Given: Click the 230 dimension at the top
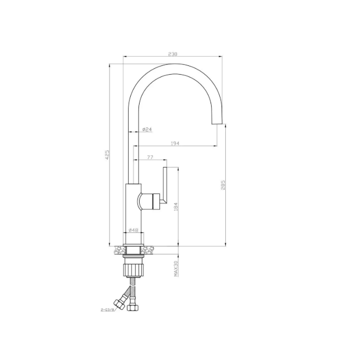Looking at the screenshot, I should (173, 54).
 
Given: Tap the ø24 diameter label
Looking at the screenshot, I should (147, 129).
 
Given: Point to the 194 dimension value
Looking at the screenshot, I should (175, 143).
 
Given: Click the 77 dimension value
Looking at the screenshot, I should (150, 158).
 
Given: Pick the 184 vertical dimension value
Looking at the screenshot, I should (175, 207).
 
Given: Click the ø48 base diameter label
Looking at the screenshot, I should (133, 230).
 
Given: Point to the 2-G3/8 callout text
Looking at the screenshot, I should (108, 309).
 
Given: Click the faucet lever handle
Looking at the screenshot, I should (164, 187).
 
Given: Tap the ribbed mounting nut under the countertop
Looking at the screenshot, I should (134, 269).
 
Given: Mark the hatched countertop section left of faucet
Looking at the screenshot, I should (119, 250).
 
